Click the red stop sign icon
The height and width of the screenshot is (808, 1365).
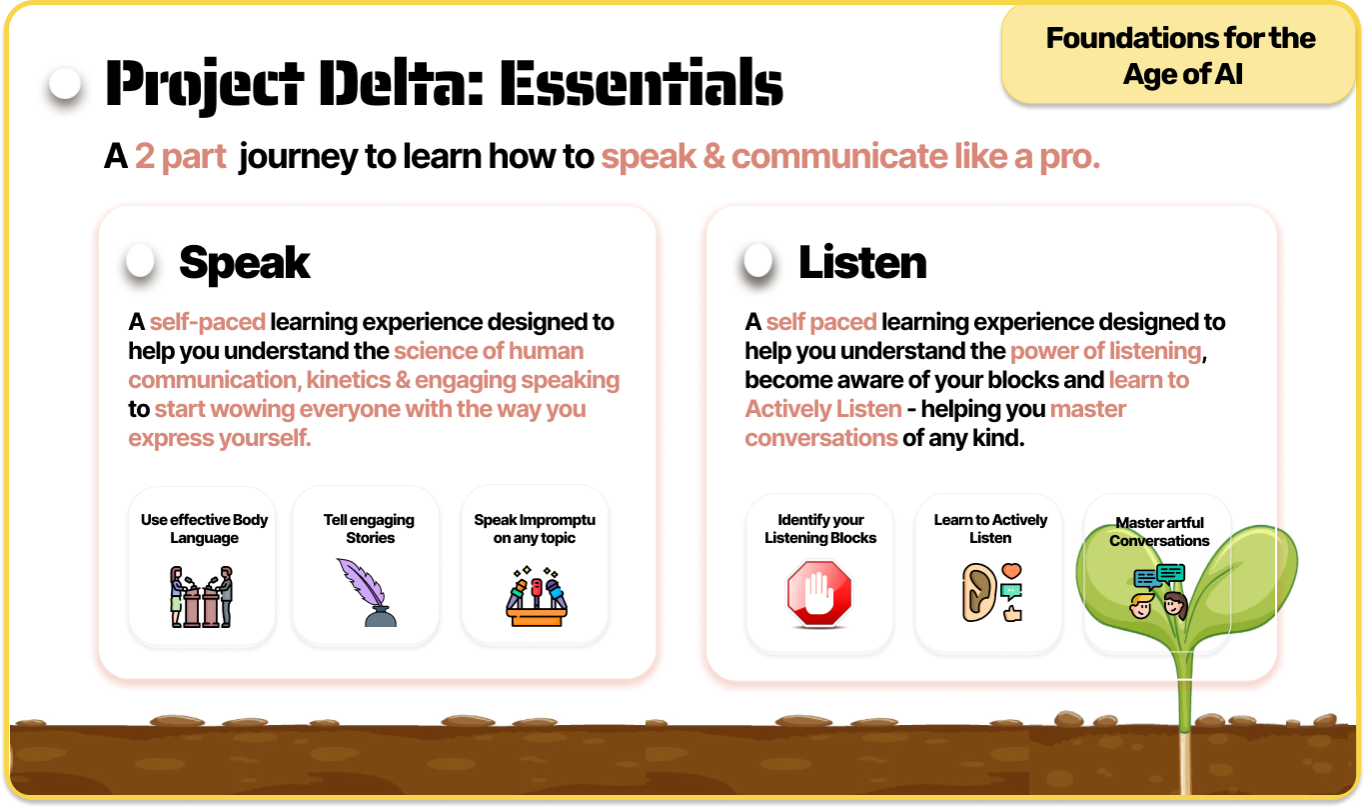(819, 594)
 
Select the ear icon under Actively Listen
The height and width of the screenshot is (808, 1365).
(977, 592)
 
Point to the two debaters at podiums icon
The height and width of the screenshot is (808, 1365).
(201, 596)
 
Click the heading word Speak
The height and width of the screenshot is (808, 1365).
(245, 263)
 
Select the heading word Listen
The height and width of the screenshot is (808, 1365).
(862, 263)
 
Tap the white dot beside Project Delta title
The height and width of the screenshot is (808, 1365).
(65, 84)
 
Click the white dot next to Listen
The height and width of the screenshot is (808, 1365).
(758, 261)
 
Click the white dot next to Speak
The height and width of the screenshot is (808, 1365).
(140, 261)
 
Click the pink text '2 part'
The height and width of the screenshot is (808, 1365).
(181, 157)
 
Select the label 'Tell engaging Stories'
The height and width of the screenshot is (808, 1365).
(370, 529)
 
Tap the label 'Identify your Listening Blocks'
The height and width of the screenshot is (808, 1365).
(820, 529)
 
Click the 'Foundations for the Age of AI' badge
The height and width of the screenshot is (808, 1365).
(1180, 55)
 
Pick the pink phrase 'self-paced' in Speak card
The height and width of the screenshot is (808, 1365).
(207, 322)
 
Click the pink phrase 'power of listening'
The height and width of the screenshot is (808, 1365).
(1106, 351)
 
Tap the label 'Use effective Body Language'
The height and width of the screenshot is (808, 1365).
(204, 529)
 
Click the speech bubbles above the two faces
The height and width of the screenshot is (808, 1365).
(1159, 576)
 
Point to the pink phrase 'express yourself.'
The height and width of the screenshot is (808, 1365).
(220, 438)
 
